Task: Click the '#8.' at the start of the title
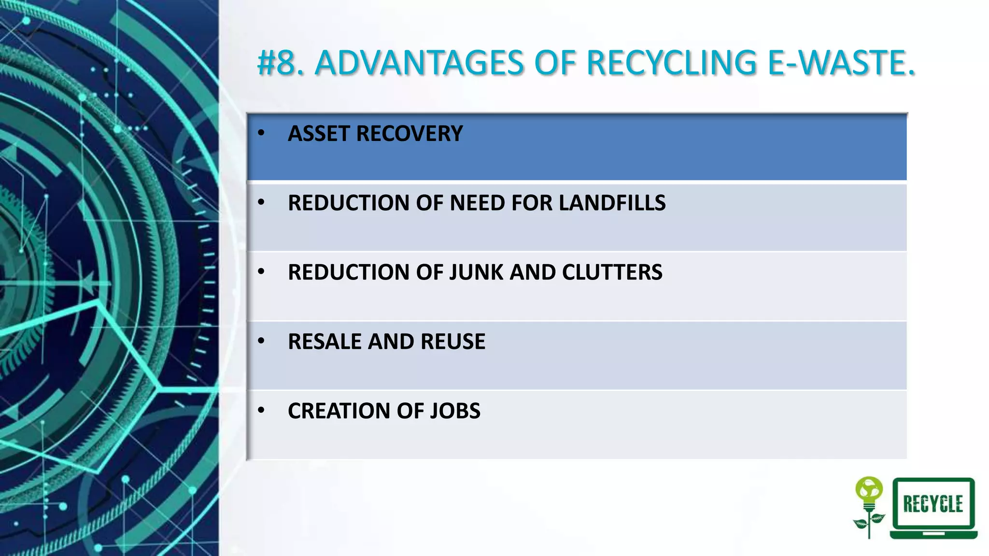[281, 63]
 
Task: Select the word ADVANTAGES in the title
[419, 63]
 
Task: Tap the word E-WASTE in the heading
[841, 63]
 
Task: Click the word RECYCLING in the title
[671, 63]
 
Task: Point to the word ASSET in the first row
[319, 134]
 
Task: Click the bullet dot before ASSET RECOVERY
[261, 133]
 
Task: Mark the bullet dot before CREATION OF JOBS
[261, 410]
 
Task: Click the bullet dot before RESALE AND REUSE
[261, 341]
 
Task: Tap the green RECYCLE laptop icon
[933, 507]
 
